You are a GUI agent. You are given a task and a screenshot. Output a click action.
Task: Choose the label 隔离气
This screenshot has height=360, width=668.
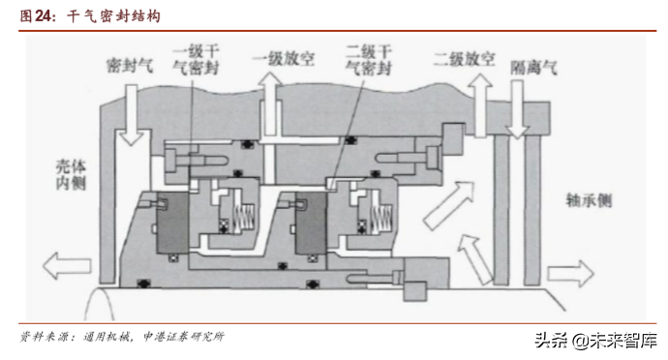click(x=534, y=67)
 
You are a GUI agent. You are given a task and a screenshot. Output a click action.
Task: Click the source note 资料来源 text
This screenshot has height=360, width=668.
click(x=122, y=337)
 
